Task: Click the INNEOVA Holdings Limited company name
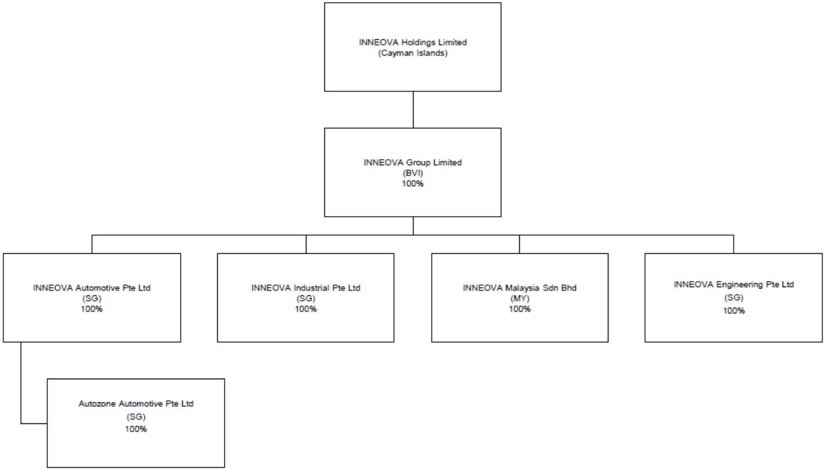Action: pyautogui.click(x=413, y=43)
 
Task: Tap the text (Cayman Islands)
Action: pyautogui.click(x=413, y=53)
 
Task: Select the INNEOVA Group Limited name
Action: pyautogui.click(x=413, y=163)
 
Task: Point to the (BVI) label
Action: pyautogui.click(x=413, y=173)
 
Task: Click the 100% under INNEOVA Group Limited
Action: pyautogui.click(x=413, y=184)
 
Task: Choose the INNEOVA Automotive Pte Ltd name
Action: pyautogui.click(x=92, y=288)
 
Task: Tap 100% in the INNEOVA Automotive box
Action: pyautogui.click(x=92, y=309)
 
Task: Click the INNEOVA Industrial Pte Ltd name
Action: pyautogui.click(x=306, y=288)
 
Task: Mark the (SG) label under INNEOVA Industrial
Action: pyautogui.click(x=306, y=299)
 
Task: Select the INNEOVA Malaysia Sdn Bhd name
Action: pyautogui.click(x=520, y=288)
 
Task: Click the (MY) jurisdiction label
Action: pyautogui.click(x=520, y=299)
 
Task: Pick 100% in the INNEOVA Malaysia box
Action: pyautogui.click(x=520, y=309)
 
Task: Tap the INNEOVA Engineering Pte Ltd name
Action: pyautogui.click(x=734, y=285)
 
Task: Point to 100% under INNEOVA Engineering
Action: pyautogui.click(x=734, y=311)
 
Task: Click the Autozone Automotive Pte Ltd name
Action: pyautogui.click(x=136, y=404)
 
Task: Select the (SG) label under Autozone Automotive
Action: pyautogui.click(x=136, y=417)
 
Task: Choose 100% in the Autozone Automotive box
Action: pyautogui.click(x=136, y=429)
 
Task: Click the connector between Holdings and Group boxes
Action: pyautogui.click(x=413, y=110)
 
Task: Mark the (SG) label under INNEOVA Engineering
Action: pyautogui.click(x=734, y=297)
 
